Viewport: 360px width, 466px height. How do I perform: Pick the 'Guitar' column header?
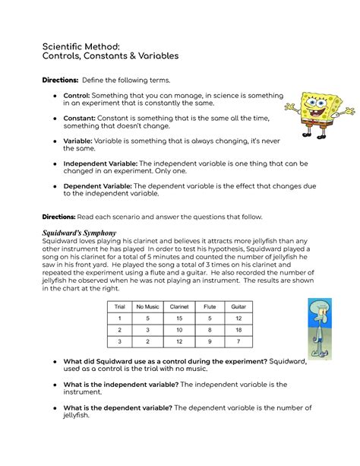pyautogui.click(x=238, y=306)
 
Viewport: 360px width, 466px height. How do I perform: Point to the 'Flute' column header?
pyautogui.click(x=210, y=306)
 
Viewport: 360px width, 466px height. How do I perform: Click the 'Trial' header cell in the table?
pyautogui.click(x=119, y=306)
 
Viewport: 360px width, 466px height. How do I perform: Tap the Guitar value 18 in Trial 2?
pyautogui.click(x=238, y=331)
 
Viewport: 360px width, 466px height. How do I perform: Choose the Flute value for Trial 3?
pyautogui.click(x=210, y=343)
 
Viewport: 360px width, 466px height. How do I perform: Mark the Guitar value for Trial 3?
pyautogui.click(x=238, y=343)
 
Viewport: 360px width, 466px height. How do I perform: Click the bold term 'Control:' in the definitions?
pyautogui.click(x=77, y=97)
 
